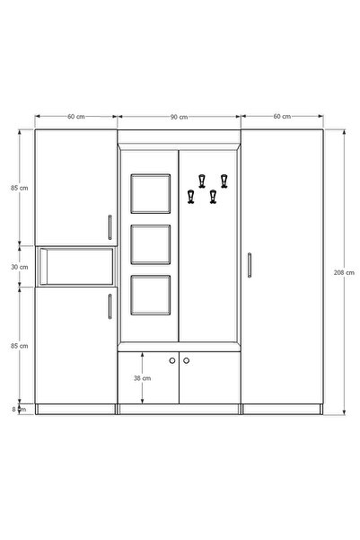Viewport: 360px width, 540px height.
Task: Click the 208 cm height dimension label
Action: coord(344,272)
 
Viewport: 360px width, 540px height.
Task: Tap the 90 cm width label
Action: coord(179,117)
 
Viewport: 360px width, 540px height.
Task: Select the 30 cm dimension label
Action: coord(19,267)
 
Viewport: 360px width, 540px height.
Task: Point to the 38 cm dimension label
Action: coord(142,378)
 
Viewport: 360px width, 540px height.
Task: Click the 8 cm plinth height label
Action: coord(19,410)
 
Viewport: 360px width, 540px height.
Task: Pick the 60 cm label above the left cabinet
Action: coord(75,117)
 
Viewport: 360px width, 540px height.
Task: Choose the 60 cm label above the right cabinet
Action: coord(282,117)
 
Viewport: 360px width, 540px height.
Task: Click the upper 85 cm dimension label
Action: coord(19,188)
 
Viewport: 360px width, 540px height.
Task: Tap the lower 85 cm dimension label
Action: coord(19,346)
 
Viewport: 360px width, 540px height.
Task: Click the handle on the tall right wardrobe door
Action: coord(250,265)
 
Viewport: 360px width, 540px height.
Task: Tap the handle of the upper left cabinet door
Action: coord(110,227)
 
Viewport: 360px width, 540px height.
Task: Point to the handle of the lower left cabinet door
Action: coord(110,306)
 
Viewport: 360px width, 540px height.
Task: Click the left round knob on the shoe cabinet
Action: coord(172,360)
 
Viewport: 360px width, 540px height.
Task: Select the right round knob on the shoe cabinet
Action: coord(186,360)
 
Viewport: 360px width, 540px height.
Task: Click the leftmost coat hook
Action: coord(191,197)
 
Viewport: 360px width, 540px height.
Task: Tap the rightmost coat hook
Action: coord(224,181)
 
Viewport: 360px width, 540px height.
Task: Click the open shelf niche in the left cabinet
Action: coord(76,267)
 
